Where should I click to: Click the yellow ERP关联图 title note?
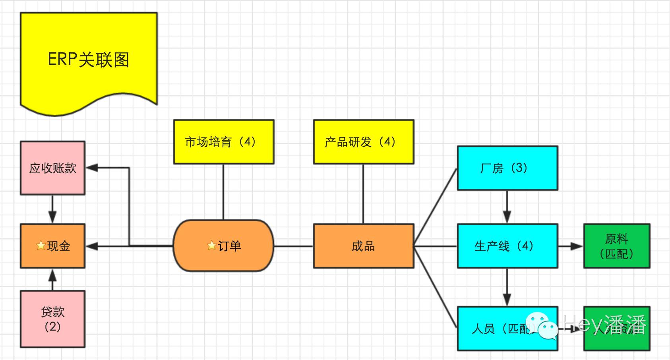point(89,60)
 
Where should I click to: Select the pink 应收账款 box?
point(52,168)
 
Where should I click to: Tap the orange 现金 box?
point(52,246)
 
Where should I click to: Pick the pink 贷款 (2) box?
point(52,319)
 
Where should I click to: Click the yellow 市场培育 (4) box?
point(224,142)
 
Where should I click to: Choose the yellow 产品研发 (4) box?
point(364,142)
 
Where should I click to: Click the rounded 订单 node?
point(224,246)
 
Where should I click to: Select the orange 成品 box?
point(364,246)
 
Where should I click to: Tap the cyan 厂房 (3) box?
point(507,168)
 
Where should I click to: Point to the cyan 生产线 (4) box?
point(507,246)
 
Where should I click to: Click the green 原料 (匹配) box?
point(616,246)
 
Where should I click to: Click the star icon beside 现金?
point(41,246)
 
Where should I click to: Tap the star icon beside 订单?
point(212,246)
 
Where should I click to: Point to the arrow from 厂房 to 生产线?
point(507,207)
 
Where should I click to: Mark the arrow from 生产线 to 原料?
point(571,246)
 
